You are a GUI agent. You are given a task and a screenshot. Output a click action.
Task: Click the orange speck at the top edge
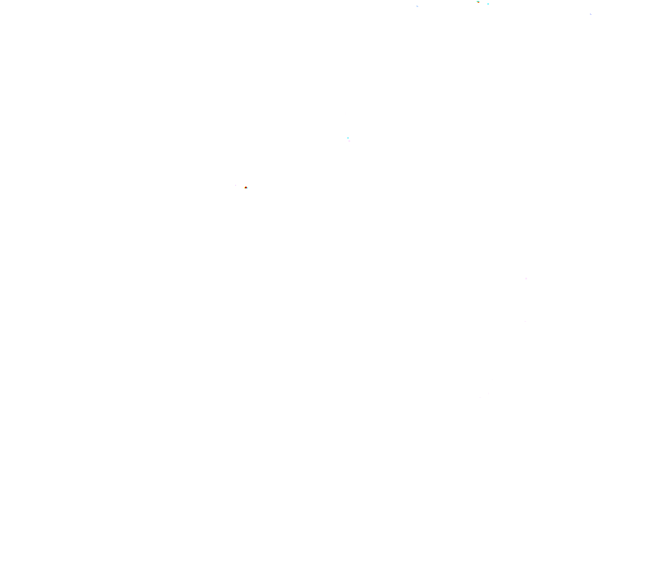click(x=478, y=2)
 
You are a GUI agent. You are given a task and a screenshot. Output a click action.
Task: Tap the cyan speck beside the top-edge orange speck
click(x=488, y=4)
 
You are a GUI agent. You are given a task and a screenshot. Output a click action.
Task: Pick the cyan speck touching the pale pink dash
click(x=348, y=138)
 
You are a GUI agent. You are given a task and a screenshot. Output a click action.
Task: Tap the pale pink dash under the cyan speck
click(x=349, y=141)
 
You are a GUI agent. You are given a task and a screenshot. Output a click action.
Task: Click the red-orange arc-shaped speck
click(x=245, y=187)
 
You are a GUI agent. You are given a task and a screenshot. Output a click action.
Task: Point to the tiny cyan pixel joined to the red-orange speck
click(x=247, y=189)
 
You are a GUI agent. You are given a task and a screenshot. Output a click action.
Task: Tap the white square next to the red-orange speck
click(x=249, y=190)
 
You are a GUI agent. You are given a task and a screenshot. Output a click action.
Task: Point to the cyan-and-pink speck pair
click(x=348, y=139)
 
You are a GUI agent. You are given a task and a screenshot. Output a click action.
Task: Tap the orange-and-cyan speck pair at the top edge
click(x=483, y=3)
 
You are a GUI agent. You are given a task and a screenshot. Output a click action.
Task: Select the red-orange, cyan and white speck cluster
click(x=246, y=188)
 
